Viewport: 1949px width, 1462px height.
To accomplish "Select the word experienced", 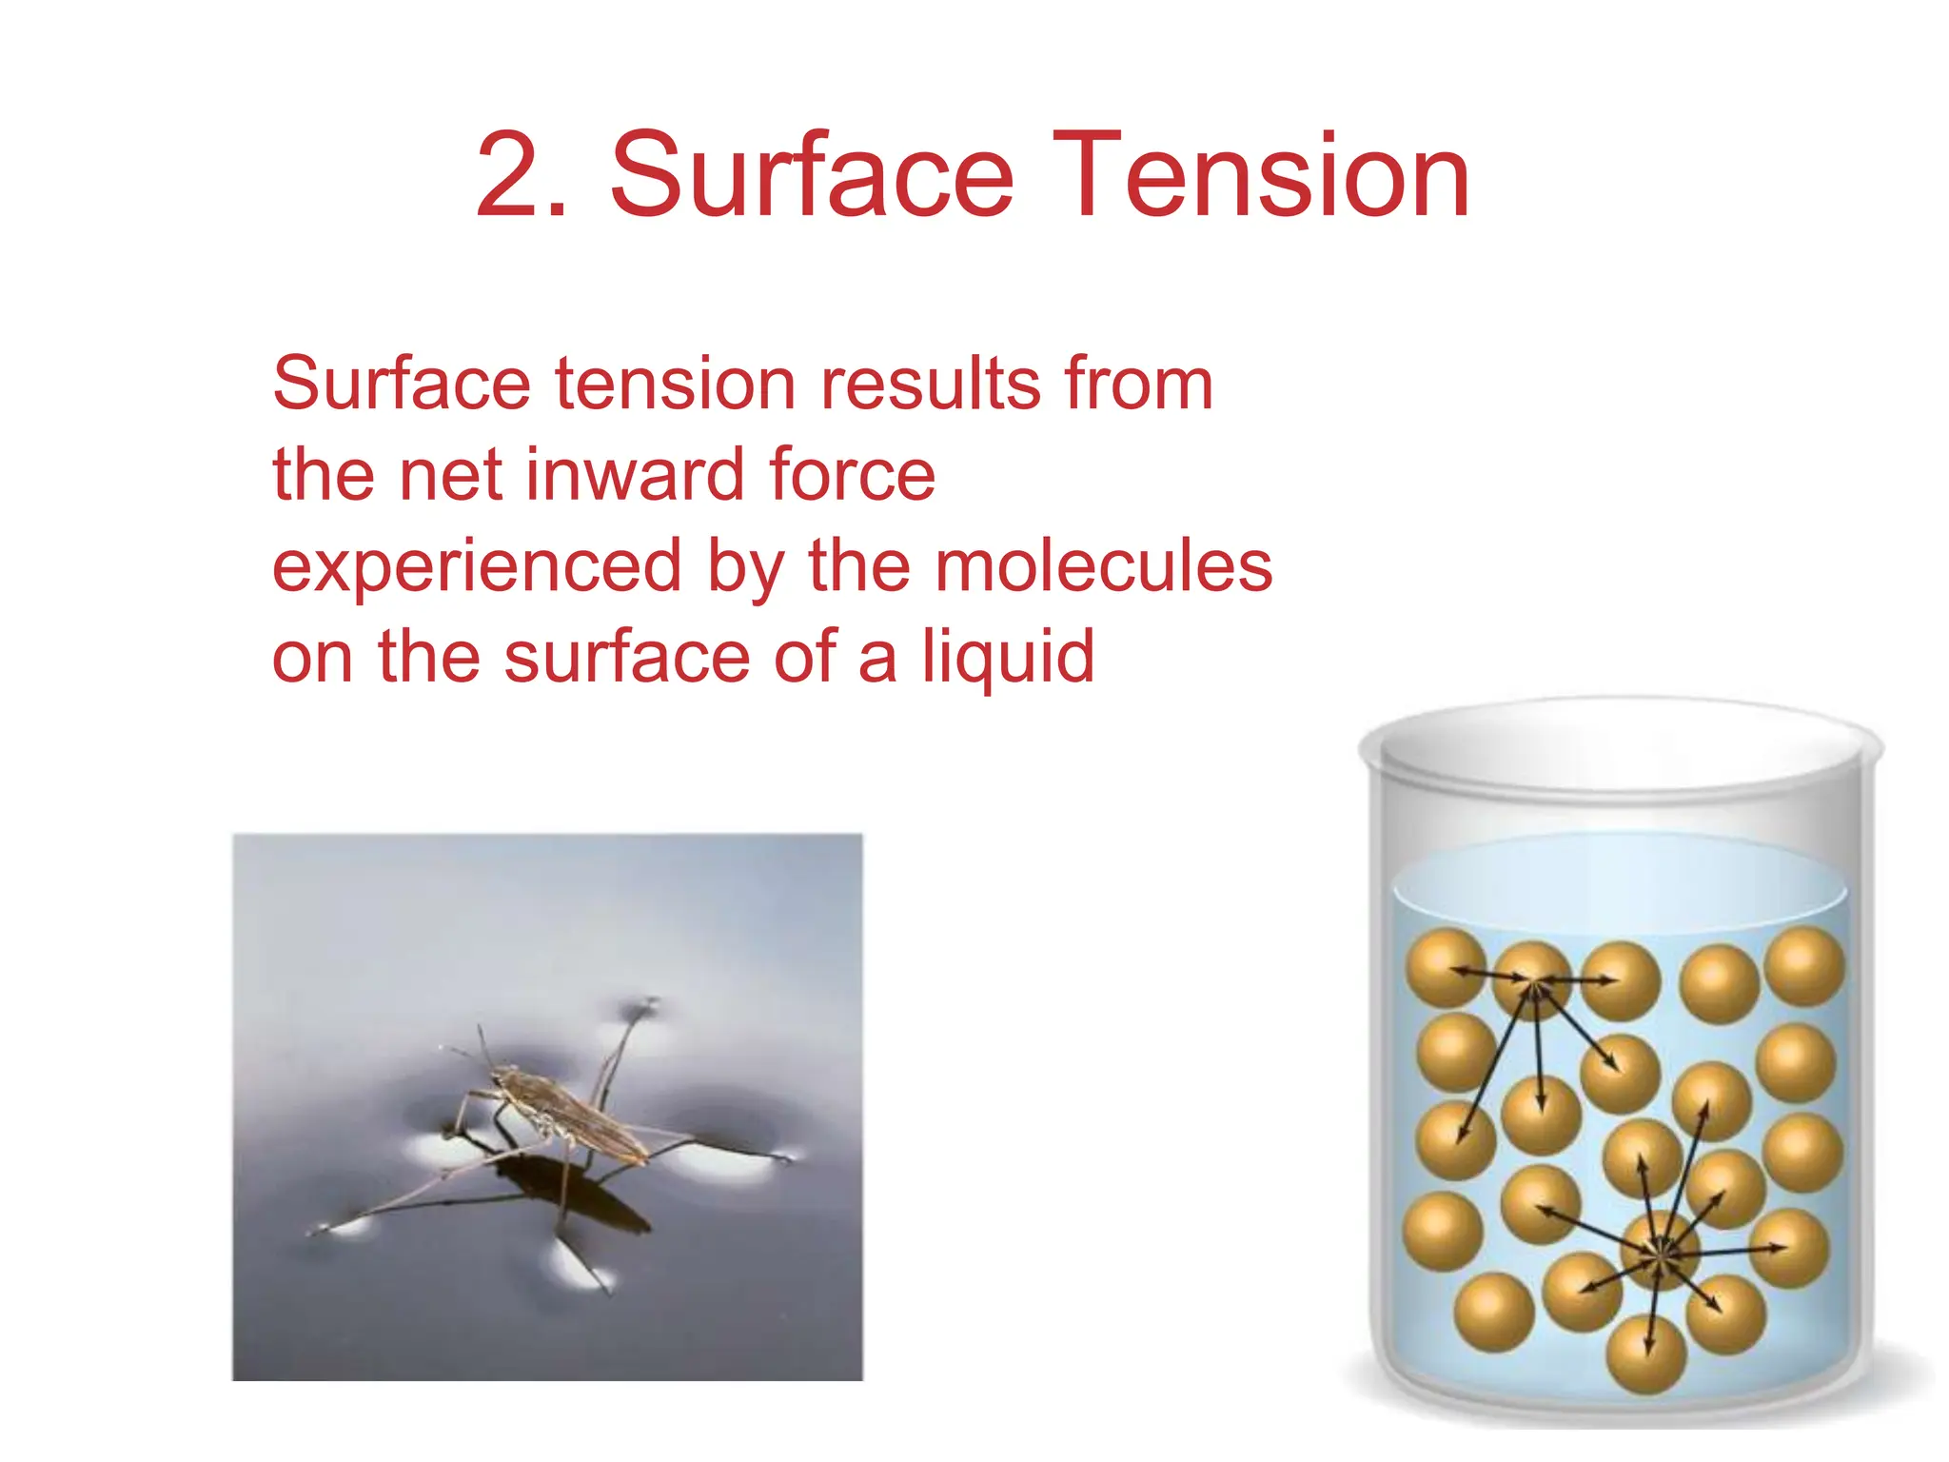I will pyautogui.click(x=477, y=565).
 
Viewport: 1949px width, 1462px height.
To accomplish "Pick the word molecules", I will pyautogui.click(x=1103, y=565).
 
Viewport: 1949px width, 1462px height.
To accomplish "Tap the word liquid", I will pyautogui.click(x=1008, y=657).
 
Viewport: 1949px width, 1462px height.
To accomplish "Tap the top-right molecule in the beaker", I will pyautogui.click(x=1804, y=967).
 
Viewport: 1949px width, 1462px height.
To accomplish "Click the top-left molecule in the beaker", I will pyautogui.click(x=1446, y=967).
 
